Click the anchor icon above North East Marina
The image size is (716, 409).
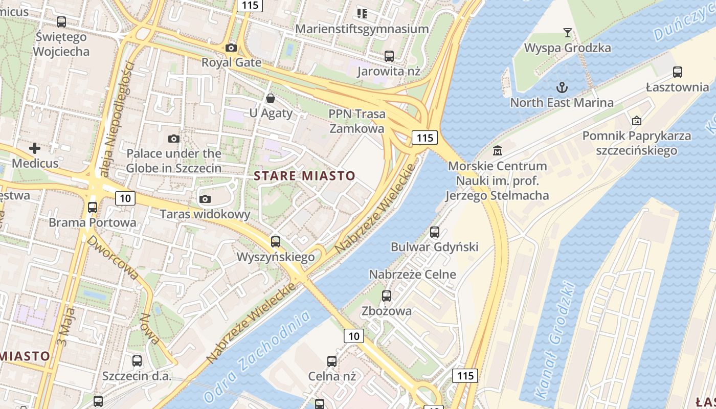[562, 87]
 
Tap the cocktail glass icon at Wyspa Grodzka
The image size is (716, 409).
[568, 33]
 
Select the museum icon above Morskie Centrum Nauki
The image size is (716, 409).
[497, 151]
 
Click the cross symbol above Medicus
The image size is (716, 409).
[35, 149]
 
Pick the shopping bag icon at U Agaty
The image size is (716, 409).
[270, 98]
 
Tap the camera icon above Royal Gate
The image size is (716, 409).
[231, 48]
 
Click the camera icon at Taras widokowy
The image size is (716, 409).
[205, 199]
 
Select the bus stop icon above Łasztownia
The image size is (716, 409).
[678, 72]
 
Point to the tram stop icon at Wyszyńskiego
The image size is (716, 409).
[276, 242]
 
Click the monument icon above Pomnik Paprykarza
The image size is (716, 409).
[637, 121]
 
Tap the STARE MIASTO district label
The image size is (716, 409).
[304, 176]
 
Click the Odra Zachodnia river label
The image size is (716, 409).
[257, 356]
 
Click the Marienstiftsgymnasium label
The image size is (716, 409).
[362, 29]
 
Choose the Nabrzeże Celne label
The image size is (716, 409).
[412, 274]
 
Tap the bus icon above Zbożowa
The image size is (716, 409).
[387, 296]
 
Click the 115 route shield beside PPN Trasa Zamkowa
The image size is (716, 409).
[424, 137]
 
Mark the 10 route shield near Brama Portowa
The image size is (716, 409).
[125, 198]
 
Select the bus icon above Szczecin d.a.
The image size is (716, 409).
[137, 361]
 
